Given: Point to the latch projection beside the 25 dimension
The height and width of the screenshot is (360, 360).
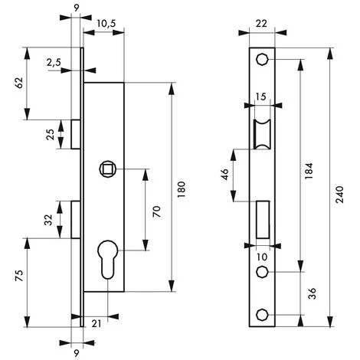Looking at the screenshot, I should [x=75, y=133].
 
